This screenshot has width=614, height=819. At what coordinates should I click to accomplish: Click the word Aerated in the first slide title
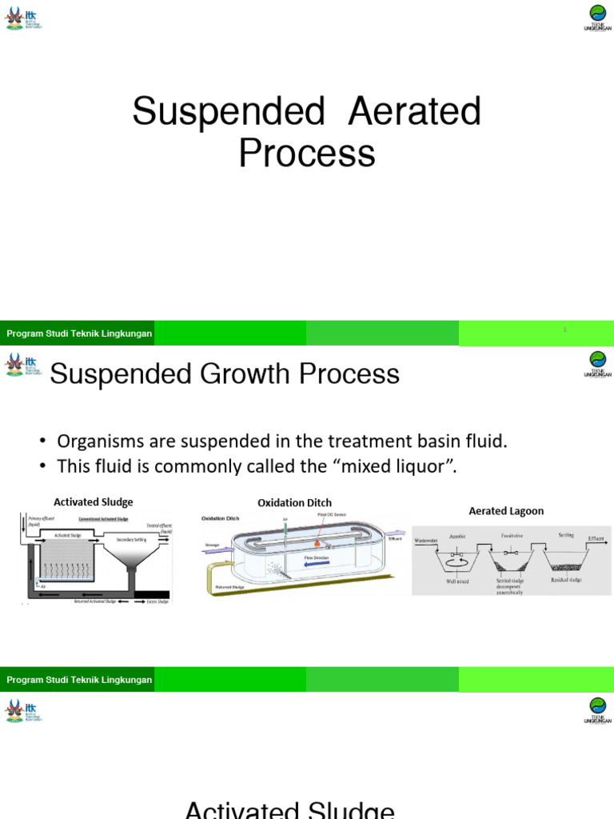414,112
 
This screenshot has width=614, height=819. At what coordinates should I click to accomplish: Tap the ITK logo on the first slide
23,17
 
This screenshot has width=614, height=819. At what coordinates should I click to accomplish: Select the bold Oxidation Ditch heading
294,502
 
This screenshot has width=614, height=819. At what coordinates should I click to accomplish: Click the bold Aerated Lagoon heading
506,510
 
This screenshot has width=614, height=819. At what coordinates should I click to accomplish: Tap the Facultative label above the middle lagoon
512,534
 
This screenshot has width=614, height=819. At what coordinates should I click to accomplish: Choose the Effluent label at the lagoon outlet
596,538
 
